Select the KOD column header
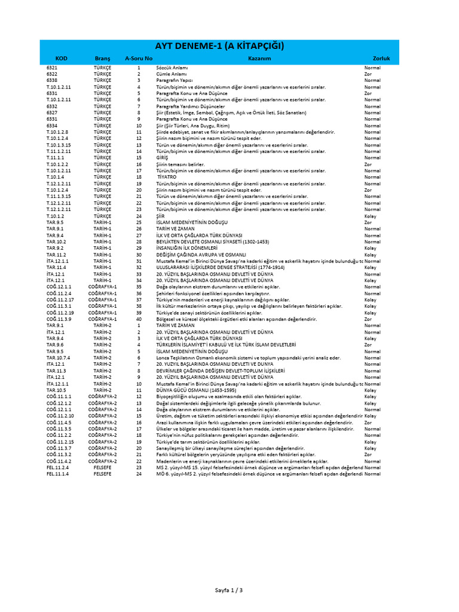(x=61, y=59)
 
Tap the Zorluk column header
(x=381, y=59)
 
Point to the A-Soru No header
(x=138, y=59)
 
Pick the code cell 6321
(x=52, y=68)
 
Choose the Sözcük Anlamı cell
(x=172, y=68)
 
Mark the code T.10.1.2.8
(x=58, y=131)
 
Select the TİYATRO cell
(x=167, y=177)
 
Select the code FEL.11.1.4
(x=57, y=474)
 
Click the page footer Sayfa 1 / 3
(x=229, y=590)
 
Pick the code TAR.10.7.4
(x=57, y=358)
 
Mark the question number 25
(x=138, y=222)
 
